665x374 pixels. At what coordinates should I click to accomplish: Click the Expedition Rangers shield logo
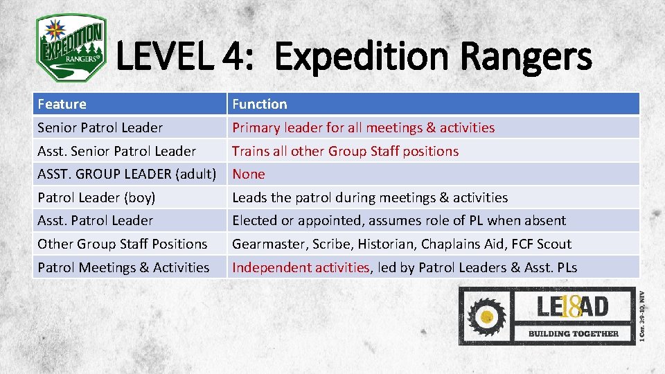tap(71, 48)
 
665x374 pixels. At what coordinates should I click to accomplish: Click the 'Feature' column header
tap(62, 105)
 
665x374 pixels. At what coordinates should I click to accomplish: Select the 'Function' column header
tap(259, 105)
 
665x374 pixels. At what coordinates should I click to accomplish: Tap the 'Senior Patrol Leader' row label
tap(100, 127)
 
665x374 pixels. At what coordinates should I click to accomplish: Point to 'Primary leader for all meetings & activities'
tap(363, 127)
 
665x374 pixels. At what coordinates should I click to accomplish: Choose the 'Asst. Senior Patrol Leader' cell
tap(116, 151)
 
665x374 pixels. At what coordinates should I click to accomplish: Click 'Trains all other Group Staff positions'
tap(345, 151)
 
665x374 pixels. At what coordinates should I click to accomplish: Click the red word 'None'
tap(248, 174)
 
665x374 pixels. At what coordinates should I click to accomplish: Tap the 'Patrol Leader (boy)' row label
tap(96, 197)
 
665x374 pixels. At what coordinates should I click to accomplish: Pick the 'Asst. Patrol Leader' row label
tap(95, 220)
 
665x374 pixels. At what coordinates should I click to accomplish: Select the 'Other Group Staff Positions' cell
tap(122, 244)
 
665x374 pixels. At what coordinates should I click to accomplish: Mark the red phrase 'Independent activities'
tap(301, 267)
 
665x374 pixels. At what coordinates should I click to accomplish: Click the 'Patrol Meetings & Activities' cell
tap(123, 267)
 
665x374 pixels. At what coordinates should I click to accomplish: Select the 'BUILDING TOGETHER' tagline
tap(574, 333)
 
